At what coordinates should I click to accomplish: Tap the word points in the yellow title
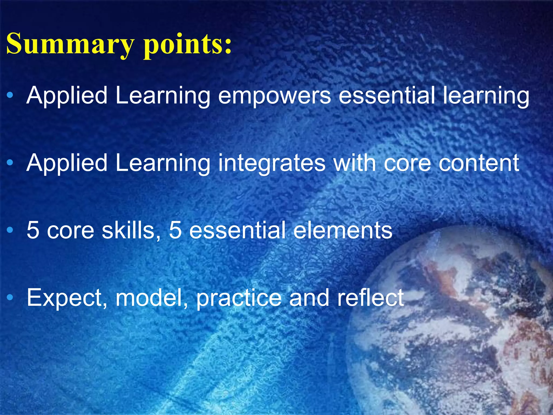(187, 44)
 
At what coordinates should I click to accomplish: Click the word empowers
(274, 96)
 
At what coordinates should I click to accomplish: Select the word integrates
(272, 164)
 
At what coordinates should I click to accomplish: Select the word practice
(239, 298)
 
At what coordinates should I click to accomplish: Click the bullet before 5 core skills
(10, 230)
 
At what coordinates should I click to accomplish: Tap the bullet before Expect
(10, 298)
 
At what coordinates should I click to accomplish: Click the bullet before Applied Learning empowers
(10, 95)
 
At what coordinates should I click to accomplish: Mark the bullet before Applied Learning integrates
(10, 163)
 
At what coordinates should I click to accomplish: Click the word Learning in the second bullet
(163, 164)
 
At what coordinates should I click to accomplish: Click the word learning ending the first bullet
(486, 96)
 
